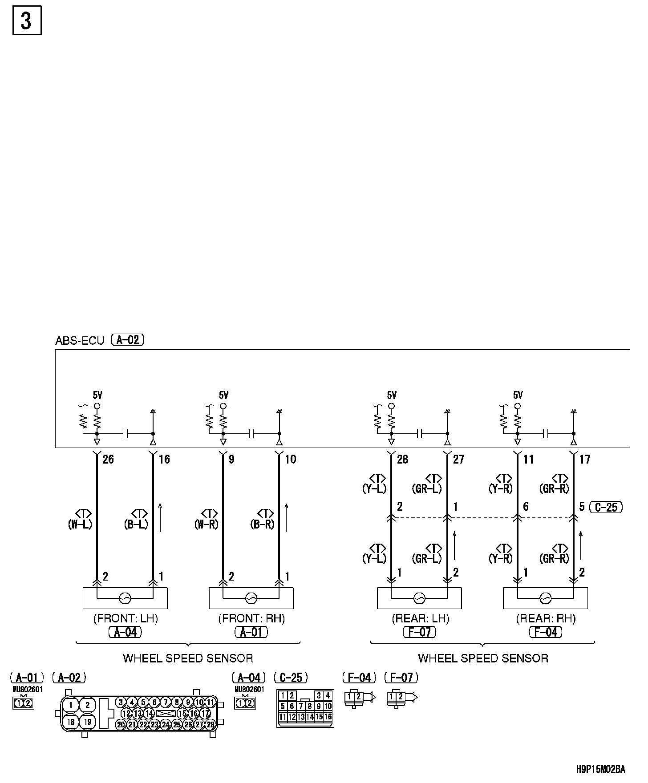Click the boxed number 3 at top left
(x=27, y=20)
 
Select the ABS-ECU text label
(x=80, y=341)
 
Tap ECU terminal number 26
(x=108, y=459)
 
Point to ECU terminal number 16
(x=164, y=459)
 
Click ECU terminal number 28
(x=402, y=459)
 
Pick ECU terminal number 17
(x=584, y=459)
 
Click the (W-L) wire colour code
(x=80, y=524)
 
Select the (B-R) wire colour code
(x=263, y=524)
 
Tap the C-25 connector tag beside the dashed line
(x=606, y=507)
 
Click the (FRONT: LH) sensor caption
(x=126, y=618)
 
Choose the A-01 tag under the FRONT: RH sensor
(x=251, y=632)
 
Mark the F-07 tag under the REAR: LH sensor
(x=419, y=632)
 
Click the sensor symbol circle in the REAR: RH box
(x=546, y=598)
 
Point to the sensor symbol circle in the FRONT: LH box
(x=125, y=598)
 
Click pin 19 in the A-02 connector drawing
(x=88, y=722)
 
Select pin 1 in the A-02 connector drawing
(x=70, y=705)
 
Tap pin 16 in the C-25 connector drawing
(x=328, y=717)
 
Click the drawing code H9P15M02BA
(x=601, y=769)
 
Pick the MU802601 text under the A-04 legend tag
(x=249, y=690)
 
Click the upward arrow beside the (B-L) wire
(x=160, y=517)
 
